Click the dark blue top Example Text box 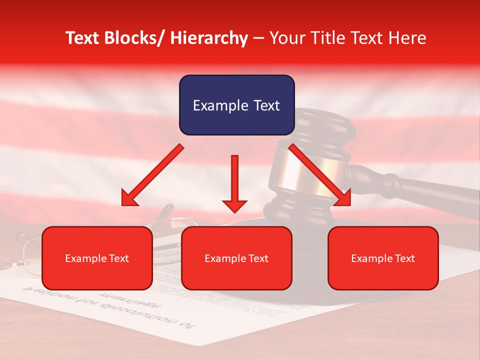click(236, 105)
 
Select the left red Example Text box click(97, 258)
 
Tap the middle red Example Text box click(236, 258)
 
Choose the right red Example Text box click(383, 258)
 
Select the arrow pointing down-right click(320, 175)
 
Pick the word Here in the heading click(408, 38)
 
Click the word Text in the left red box click(118, 258)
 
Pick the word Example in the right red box click(370, 258)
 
